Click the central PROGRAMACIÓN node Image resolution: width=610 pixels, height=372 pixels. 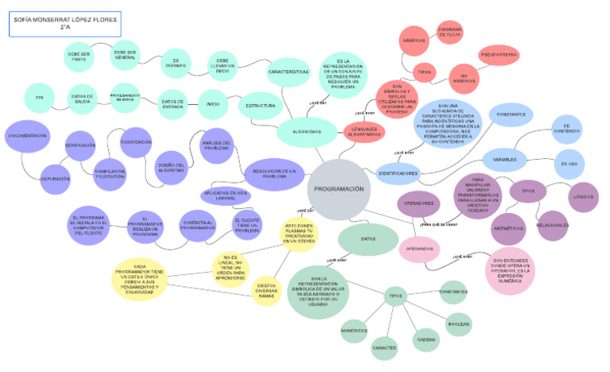tap(338, 189)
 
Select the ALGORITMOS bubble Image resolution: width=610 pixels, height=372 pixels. tap(306, 132)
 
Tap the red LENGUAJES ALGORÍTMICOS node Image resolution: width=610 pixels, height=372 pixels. tap(365, 132)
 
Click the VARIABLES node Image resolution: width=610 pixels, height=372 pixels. tap(505, 160)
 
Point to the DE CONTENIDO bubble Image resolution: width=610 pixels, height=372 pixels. tap(566, 128)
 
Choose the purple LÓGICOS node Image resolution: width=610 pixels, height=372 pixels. tap(584, 196)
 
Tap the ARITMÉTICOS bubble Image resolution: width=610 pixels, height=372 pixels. tap(508, 228)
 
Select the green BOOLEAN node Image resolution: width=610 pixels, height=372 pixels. tap(458, 324)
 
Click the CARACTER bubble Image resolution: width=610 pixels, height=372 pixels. tap(384, 348)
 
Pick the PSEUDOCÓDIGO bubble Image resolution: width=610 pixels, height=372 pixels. tap(498, 55)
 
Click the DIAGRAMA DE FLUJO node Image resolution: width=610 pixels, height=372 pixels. tap(450, 33)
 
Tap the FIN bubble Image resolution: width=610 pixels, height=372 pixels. tap(39, 97)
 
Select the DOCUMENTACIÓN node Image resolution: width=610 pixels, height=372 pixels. tap(28, 136)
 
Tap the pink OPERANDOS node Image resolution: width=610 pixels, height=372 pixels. tap(419, 249)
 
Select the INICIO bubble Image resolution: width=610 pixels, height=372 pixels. tap(212, 103)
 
